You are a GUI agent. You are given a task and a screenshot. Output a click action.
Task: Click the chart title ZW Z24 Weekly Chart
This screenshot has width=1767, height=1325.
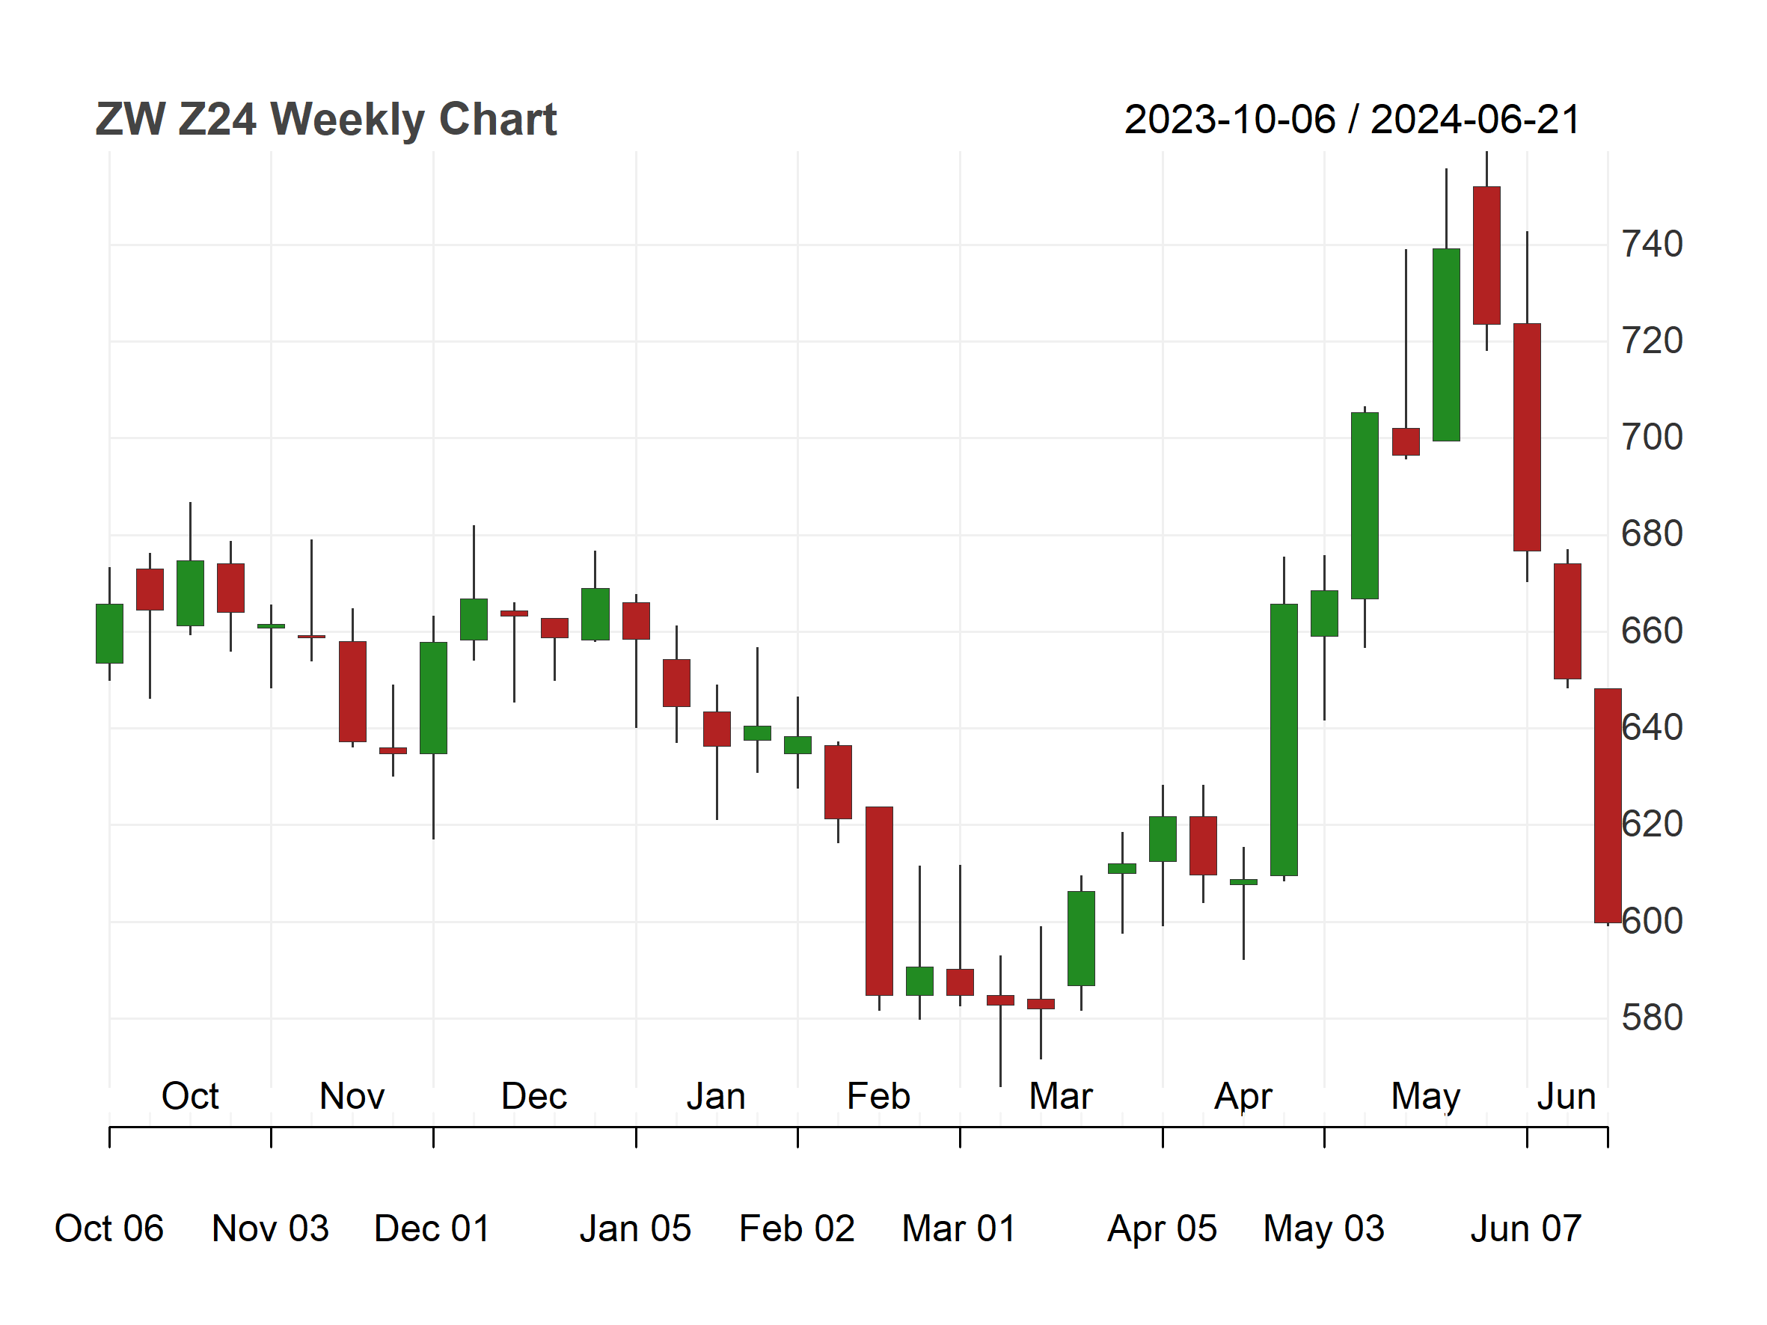pos(326,120)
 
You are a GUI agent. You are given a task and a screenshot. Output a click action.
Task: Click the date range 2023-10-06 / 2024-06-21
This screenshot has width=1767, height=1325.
pos(1353,120)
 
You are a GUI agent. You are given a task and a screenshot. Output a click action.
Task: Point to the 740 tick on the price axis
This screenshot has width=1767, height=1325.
pos(1652,245)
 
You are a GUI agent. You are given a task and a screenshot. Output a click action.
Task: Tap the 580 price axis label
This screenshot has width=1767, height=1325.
pos(1652,1018)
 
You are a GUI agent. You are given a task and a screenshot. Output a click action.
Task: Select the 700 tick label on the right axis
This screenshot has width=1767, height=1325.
pos(1652,438)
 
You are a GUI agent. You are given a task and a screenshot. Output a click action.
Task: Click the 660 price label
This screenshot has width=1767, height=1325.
pos(1652,631)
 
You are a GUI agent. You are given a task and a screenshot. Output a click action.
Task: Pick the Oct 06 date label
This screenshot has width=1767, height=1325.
pos(109,1228)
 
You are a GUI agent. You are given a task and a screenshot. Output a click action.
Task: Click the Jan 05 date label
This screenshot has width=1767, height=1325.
pos(636,1228)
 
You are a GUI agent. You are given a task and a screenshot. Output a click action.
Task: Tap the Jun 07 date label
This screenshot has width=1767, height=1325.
pos(1527,1228)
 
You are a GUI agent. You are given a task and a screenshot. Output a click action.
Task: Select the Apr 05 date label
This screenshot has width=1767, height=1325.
pos(1163,1228)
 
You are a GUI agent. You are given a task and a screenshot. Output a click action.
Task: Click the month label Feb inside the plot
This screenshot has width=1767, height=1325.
pos(879,1096)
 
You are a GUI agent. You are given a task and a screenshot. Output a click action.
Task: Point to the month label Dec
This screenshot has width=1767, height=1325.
pos(534,1096)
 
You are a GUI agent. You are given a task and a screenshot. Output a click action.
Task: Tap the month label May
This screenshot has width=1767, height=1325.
pos(1426,1098)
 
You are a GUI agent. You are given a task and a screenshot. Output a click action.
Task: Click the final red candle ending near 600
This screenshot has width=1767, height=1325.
pos(1608,806)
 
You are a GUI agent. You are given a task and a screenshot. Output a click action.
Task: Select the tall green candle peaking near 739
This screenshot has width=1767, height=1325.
pos(1447,345)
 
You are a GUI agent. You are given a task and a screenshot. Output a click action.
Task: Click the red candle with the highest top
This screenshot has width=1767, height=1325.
pos(1486,256)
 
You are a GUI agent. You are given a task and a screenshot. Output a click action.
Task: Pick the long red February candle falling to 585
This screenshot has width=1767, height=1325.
pos(880,901)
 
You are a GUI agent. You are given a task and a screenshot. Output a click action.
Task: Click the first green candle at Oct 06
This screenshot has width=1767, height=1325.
pos(109,634)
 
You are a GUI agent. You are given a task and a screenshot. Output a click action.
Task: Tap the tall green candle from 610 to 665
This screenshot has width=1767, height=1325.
pos(1284,740)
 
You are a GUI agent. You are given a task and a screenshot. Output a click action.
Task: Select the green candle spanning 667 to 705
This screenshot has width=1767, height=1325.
pos(1365,506)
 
